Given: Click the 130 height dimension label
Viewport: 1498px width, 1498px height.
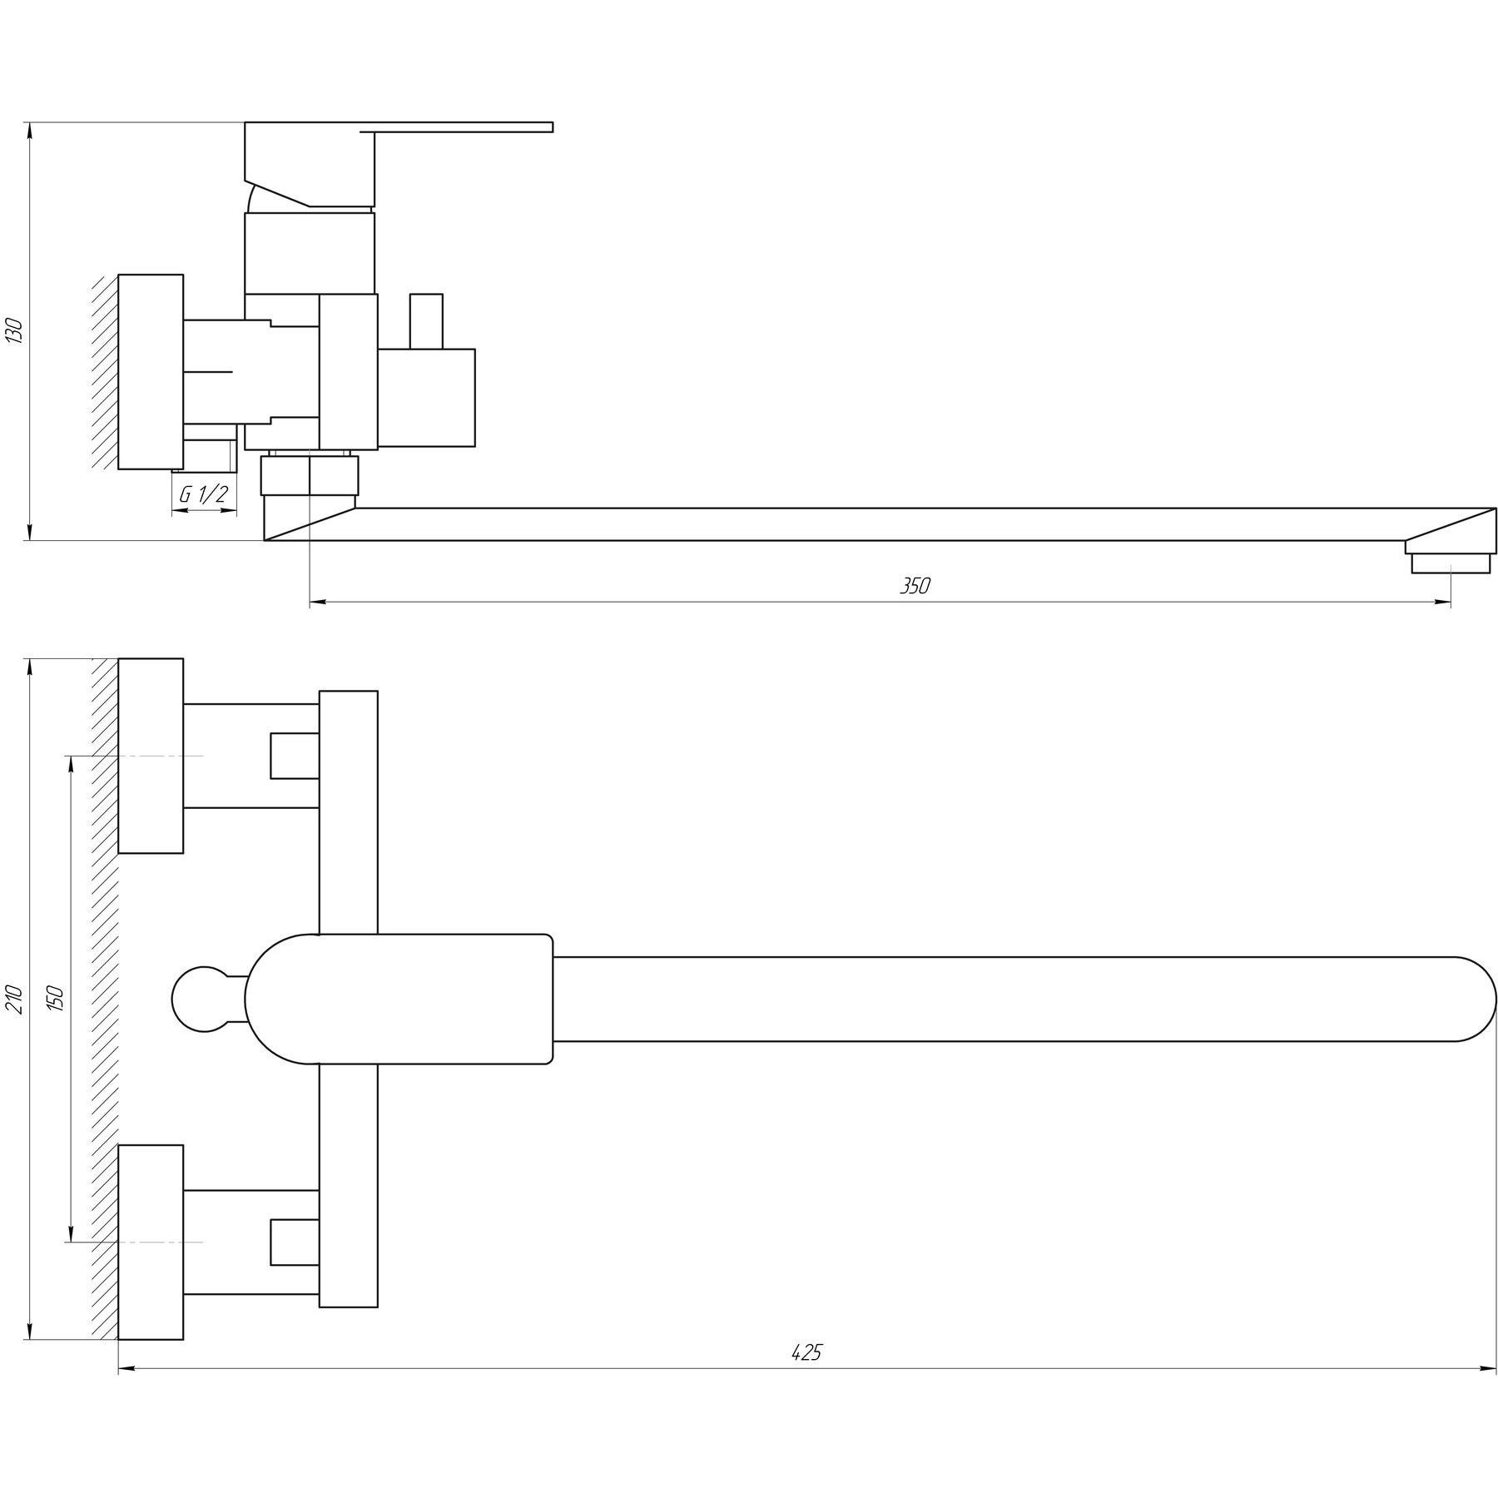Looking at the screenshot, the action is [14, 330].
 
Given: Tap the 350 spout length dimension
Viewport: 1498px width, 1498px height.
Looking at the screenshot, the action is [915, 586].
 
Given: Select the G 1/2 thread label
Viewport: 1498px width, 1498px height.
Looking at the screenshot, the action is [204, 494].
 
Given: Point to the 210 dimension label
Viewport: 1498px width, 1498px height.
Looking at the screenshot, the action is [14, 998].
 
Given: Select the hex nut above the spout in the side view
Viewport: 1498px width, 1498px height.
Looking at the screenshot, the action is [310, 475].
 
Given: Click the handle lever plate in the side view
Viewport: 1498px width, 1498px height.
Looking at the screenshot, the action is [457, 126].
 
